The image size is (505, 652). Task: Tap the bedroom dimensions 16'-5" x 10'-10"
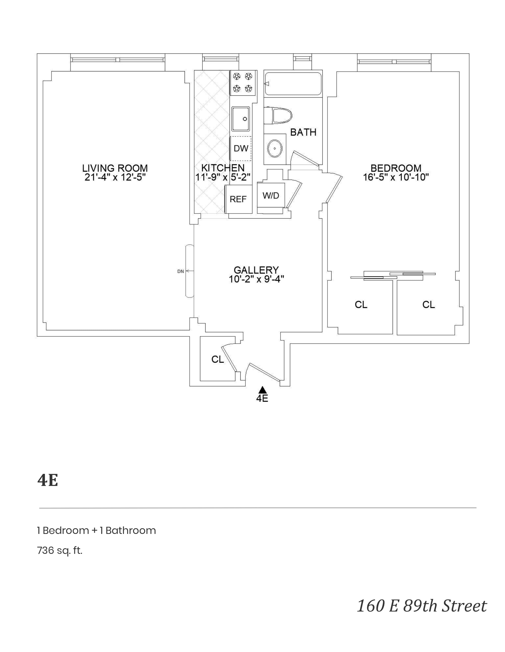coord(396,177)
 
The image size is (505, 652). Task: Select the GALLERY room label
coord(256,270)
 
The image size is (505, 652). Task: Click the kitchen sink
coord(241,119)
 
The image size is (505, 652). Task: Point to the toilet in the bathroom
coord(277,116)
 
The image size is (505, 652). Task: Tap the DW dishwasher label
coord(241,148)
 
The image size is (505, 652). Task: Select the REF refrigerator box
coord(238,199)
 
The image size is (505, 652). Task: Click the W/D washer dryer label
coord(271,196)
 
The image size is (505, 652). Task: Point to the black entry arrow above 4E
coord(262,390)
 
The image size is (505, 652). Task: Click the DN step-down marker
coord(181,271)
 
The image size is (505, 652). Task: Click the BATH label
coord(303,132)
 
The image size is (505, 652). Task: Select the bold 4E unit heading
coord(47,480)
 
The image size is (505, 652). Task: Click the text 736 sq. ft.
coord(60,550)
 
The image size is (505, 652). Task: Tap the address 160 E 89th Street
coord(422,606)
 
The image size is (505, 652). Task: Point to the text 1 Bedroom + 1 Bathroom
coord(96,530)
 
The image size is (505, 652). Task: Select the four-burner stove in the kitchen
coord(243,83)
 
